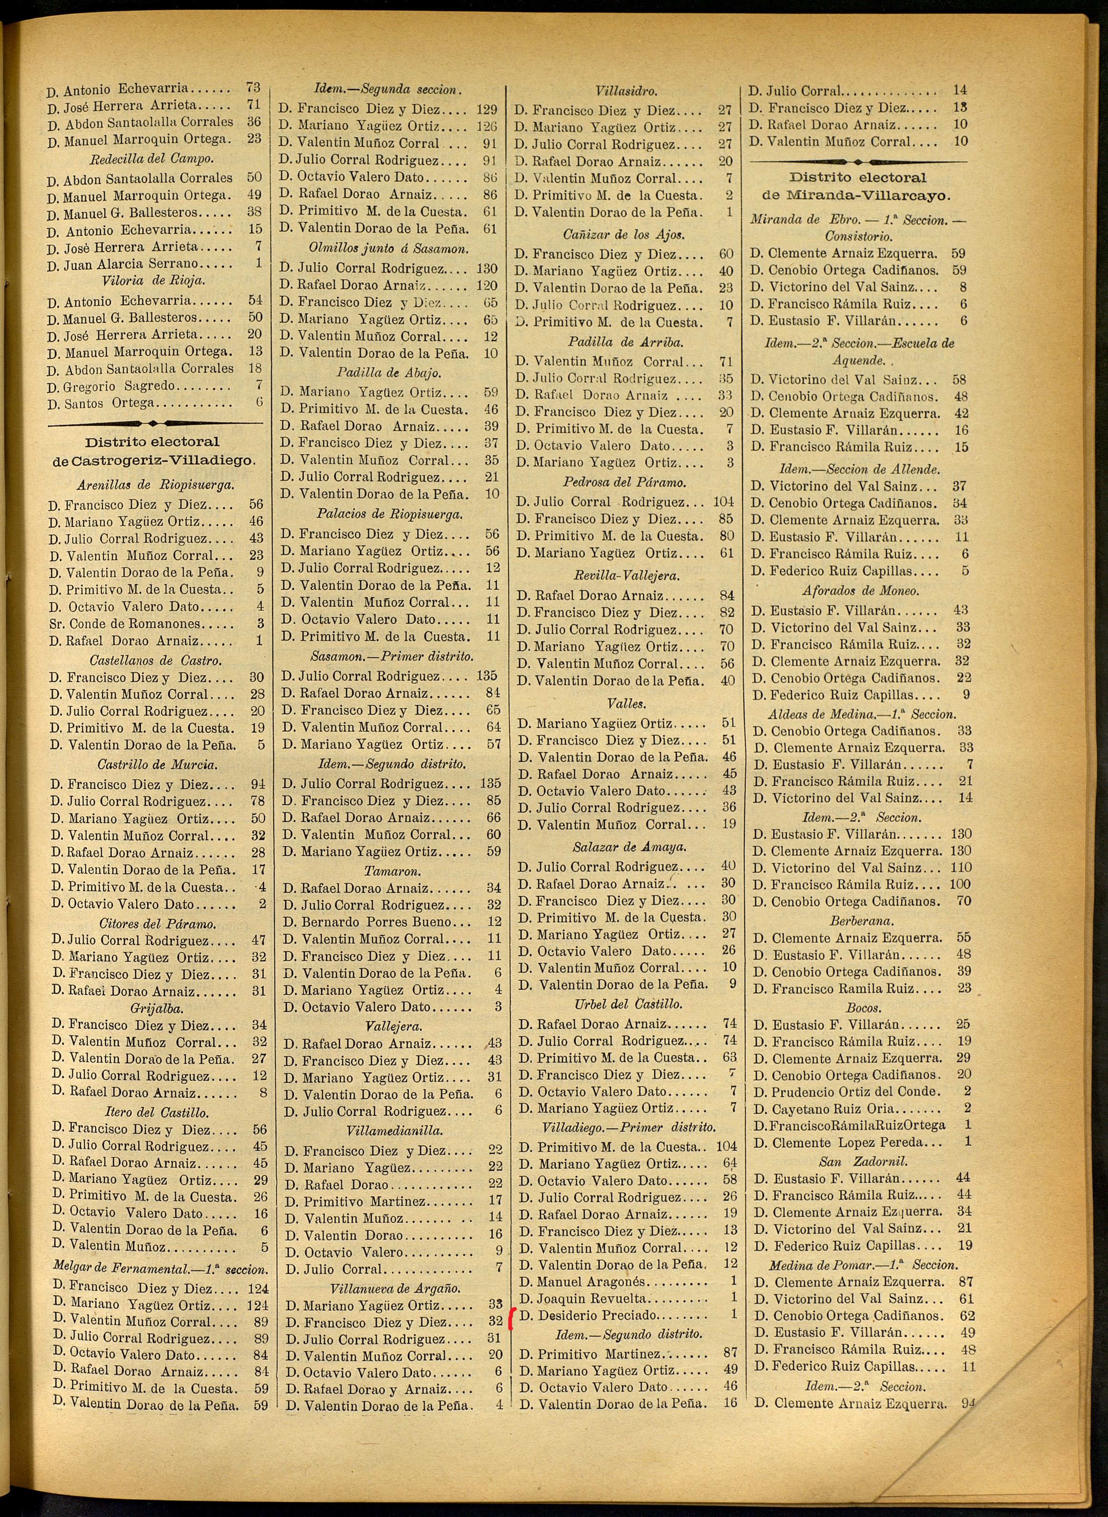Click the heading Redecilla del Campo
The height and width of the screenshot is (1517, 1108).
coord(152,160)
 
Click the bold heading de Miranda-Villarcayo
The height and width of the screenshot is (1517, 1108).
coord(857,196)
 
